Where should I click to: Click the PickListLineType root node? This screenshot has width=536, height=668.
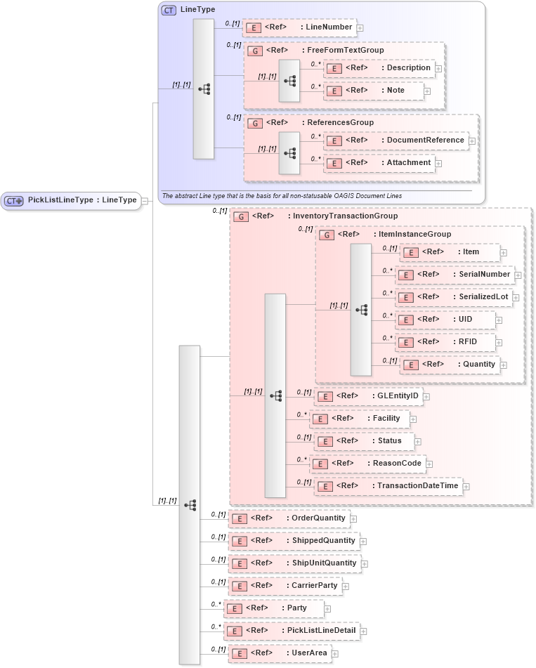pyautogui.click(x=70, y=200)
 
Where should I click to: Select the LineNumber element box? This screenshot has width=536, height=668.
pyautogui.click(x=299, y=27)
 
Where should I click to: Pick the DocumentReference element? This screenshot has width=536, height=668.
pyautogui.click(x=396, y=140)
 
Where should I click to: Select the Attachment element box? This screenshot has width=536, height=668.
pyautogui.click(x=379, y=163)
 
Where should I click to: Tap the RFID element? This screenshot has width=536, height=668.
pyautogui.click(x=446, y=342)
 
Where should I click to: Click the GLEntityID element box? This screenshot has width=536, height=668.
pyautogui.click(x=368, y=396)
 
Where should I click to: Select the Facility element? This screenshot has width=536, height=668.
pyautogui.click(x=365, y=419)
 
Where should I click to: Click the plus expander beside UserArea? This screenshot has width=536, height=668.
pyautogui.click(x=334, y=654)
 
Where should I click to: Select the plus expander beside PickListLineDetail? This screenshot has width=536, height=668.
pyautogui.click(x=363, y=631)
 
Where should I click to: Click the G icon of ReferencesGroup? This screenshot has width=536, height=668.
pyautogui.click(x=256, y=123)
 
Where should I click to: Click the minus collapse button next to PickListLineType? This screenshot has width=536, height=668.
pyautogui.click(x=144, y=201)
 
